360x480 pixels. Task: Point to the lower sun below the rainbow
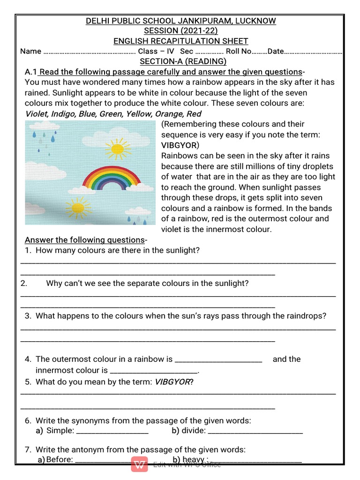click(x=78, y=207)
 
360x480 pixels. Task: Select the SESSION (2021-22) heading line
click(x=180, y=31)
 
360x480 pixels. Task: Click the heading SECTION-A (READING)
click(x=183, y=61)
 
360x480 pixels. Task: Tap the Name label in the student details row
click(x=31, y=52)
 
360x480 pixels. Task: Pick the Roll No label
click(x=239, y=52)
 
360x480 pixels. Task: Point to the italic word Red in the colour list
click(x=194, y=114)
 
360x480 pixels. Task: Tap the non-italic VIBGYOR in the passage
click(x=178, y=145)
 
